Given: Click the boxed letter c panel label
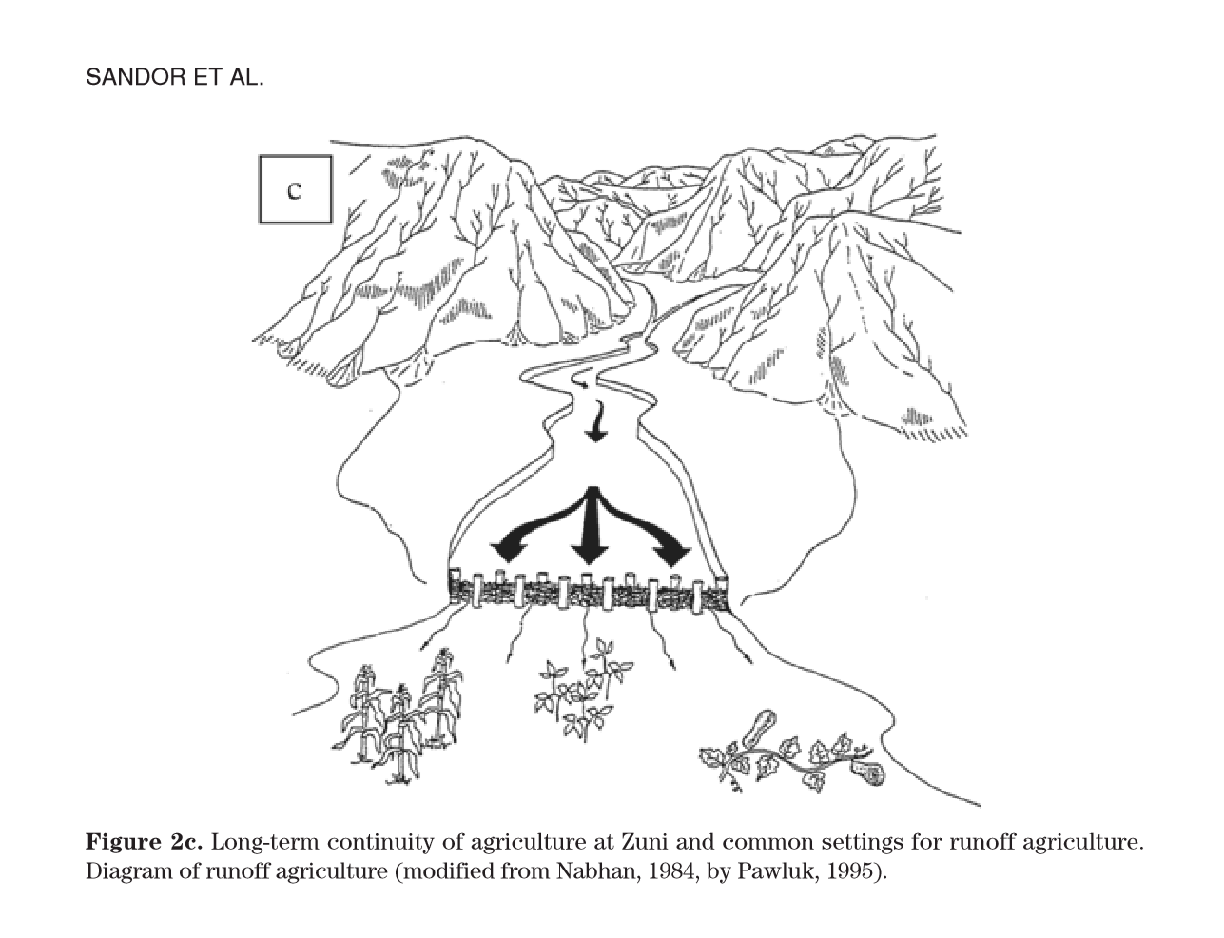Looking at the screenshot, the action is (x=295, y=189).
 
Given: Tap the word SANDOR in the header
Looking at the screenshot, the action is (x=136, y=77).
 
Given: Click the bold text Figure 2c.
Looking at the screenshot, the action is (x=144, y=842).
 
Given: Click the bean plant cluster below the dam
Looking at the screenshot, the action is (x=583, y=691).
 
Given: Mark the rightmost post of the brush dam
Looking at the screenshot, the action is (x=722, y=592).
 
